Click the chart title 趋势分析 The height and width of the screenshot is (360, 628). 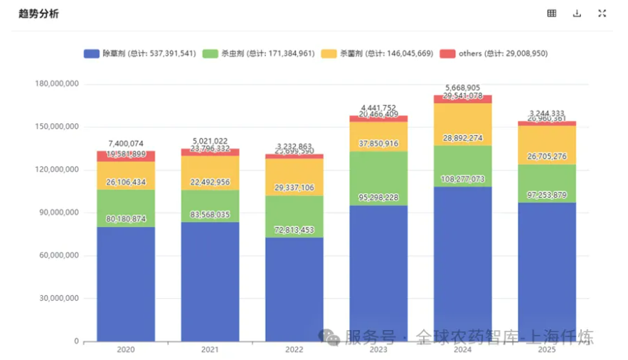[x=38, y=14]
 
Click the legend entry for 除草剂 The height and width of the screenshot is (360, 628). [x=139, y=53]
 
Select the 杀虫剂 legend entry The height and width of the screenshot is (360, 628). [x=258, y=53]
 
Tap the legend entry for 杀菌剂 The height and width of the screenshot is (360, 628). [x=377, y=53]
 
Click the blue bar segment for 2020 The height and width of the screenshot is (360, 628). [x=126, y=285]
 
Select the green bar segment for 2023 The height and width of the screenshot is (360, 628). [x=378, y=178]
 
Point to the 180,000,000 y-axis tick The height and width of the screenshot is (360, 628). [x=56, y=85]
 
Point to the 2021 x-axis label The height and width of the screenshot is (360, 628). [x=210, y=350]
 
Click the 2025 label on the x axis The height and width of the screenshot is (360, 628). [x=546, y=350]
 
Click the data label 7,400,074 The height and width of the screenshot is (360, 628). [x=126, y=144]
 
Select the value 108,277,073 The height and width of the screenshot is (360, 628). [x=462, y=199]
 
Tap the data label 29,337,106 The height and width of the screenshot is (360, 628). [x=294, y=187]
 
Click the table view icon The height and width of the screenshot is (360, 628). [x=552, y=14]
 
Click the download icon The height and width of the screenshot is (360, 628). [x=577, y=14]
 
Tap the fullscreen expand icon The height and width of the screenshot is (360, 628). [x=602, y=14]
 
